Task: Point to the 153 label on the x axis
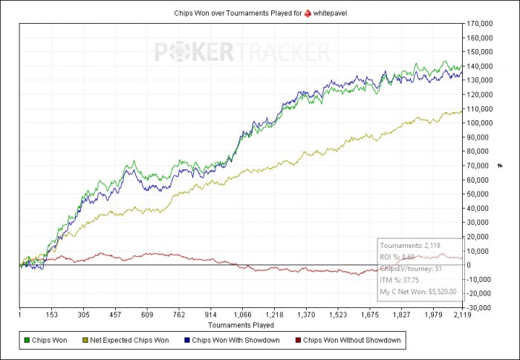(x=51, y=315)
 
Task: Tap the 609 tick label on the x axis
(x=146, y=315)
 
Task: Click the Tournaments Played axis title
(x=241, y=324)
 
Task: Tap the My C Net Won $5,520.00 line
(x=418, y=291)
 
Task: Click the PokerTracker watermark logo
(x=242, y=52)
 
